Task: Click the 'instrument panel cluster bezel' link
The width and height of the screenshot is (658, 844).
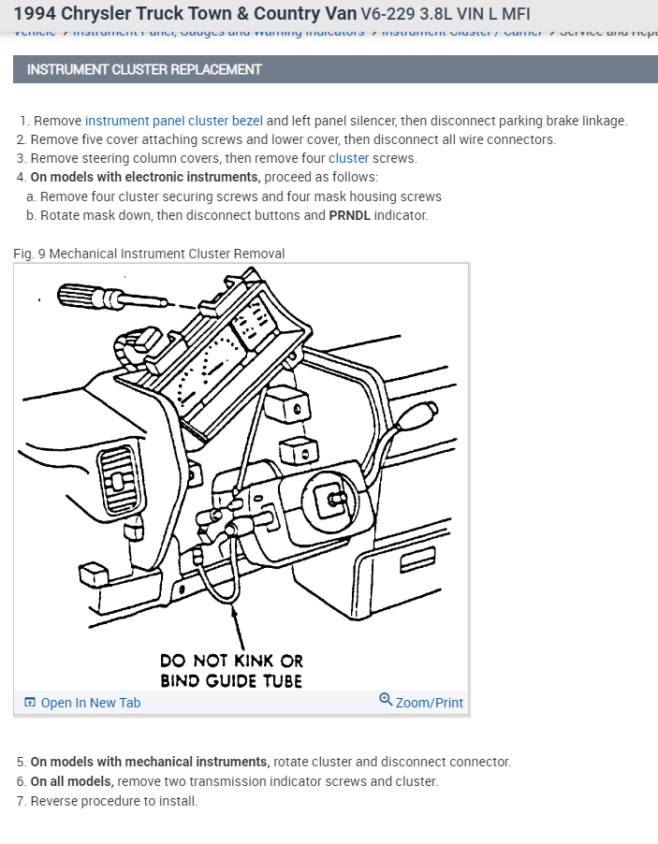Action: tap(173, 121)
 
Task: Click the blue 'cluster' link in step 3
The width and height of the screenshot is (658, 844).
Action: tap(348, 158)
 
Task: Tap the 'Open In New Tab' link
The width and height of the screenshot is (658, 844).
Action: tap(90, 703)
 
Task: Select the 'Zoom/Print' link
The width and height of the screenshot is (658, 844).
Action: tap(429, 703)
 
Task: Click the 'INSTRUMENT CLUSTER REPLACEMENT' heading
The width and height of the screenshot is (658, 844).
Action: tap(144, 69)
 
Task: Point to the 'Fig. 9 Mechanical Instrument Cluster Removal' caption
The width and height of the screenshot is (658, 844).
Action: tap(149, 254)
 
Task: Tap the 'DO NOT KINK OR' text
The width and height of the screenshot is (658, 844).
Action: tap(231, 661)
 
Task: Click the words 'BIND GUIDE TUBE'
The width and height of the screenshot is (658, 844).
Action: tap(231, 680)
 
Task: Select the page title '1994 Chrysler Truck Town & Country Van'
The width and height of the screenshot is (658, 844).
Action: tap(184, 13)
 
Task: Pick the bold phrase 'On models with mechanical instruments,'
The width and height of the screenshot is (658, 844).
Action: tap(150, 762)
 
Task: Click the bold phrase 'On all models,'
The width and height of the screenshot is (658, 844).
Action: tap(71, 781)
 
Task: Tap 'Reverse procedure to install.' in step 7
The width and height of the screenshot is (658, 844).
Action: tap(113, 801)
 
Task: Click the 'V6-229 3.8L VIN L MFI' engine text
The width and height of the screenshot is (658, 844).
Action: tap(445, 14)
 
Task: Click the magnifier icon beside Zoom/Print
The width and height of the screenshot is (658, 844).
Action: tap(385, 700)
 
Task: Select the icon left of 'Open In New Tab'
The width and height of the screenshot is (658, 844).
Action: tap(30, 703)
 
